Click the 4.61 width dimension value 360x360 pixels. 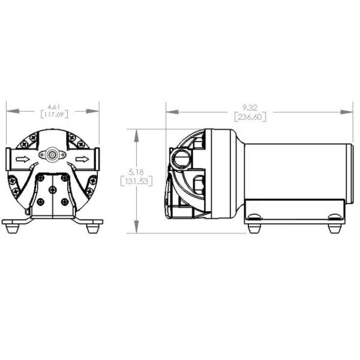pos(53,106)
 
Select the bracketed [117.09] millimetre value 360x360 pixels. pos(53,113)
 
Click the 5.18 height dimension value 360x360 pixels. pos(137,173)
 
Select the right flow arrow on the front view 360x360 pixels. pos(82,160)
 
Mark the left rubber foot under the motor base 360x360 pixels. pos(254,228)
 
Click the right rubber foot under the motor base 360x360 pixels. pos(334,228)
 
